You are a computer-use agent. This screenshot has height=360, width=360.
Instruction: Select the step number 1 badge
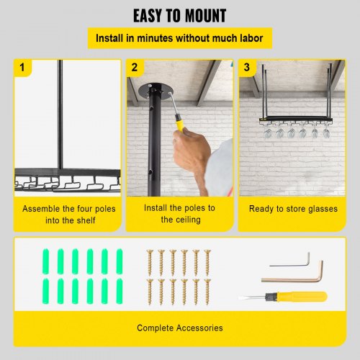coord(22,68)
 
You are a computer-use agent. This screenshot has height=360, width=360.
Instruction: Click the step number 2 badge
coord(135,68)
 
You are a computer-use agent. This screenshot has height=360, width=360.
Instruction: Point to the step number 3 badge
coord(247,68)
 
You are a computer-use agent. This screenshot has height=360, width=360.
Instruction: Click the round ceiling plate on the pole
coord(156,91)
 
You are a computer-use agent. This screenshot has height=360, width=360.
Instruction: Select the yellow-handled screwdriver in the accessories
coord(283,297)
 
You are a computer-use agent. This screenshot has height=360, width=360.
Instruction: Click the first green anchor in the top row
coord(46,261)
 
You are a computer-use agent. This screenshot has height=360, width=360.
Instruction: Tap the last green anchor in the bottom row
coord(120,291)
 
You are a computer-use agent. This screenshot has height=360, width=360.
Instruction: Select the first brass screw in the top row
coord(150,263)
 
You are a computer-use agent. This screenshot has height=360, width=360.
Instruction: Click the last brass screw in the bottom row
coord(207,292)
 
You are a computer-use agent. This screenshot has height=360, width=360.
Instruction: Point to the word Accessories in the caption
coord(199,328)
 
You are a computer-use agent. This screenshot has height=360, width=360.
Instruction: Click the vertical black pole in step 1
coord(60,114)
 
